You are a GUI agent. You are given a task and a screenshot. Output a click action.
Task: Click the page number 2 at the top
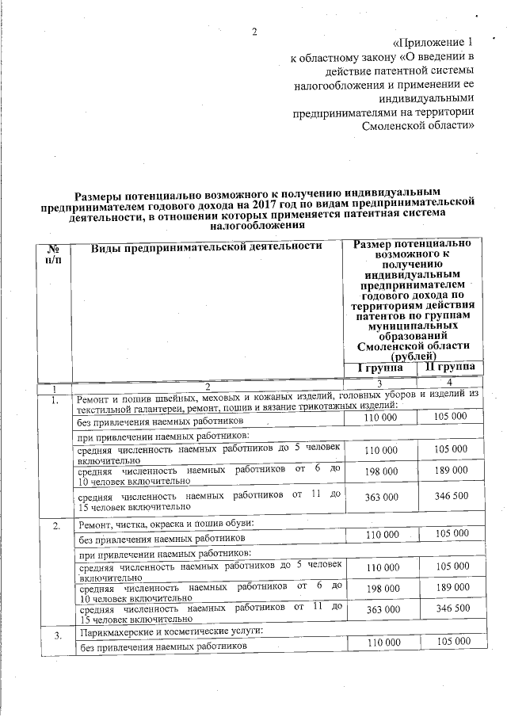[x=254, y=32]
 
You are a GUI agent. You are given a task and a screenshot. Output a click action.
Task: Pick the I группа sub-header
[x=379, y=368]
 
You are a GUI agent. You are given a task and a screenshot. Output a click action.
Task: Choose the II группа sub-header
[x=450, y=368]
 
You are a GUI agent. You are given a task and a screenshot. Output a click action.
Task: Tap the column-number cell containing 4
[x=450, y=383]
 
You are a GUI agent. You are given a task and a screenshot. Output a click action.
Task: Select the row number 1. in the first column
[x=55, y=400]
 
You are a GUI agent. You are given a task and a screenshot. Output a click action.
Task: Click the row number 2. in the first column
[x=55, y=526]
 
